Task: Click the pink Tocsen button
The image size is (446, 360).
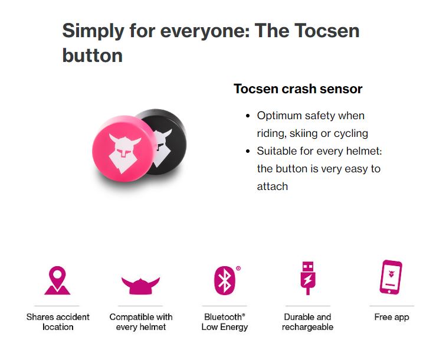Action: [124, 149]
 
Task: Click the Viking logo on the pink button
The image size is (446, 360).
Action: [124, 152]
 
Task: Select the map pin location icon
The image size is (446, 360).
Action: [57, 280]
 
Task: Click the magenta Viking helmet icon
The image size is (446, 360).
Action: [140, 286]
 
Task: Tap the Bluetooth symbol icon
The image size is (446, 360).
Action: [224, 280]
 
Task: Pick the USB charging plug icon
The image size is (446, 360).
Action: [308, 278]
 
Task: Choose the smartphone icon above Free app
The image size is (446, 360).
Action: [391, 277]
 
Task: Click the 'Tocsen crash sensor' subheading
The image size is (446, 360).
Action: [298, 89]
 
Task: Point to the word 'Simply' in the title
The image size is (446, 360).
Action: [93, 31]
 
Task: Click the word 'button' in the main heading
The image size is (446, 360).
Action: [93, 55]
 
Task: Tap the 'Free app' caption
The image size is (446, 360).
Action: [392, 317]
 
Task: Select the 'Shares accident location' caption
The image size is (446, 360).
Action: [58, 322]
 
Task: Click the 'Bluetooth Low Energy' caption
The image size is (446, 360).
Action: [224, 322]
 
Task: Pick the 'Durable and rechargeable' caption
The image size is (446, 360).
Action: [307, 322]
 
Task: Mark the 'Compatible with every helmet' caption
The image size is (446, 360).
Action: [141, 322]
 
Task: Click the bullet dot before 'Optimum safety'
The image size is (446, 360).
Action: [248, 116]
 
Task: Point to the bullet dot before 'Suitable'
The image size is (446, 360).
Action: [248, 151]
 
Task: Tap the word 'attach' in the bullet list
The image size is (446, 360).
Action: [273, 186]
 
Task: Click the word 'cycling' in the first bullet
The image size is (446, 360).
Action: [351, 133]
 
